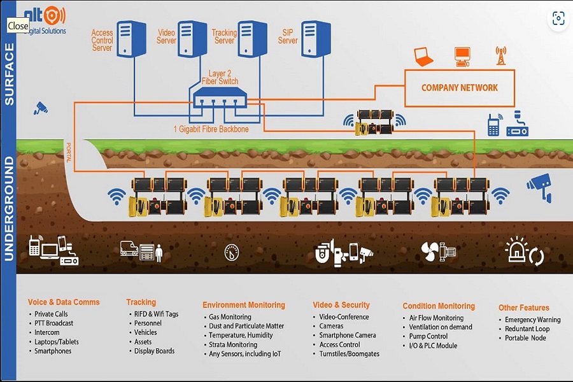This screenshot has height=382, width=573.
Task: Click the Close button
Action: click(18, 26)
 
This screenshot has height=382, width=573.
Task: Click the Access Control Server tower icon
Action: click(132, 39)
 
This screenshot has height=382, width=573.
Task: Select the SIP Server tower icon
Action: click(316, 39)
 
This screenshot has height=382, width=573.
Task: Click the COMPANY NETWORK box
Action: click(460, 88)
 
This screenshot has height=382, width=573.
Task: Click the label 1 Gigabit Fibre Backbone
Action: click(211, 129)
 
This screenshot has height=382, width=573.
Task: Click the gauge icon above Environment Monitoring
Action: click(232, 252)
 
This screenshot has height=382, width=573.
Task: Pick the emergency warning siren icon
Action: click(516, 251)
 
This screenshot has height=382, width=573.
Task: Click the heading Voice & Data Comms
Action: click(64, 302)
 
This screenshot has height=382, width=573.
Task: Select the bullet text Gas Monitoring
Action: click(230, 317)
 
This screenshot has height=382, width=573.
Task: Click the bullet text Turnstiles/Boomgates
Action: click(349, 354)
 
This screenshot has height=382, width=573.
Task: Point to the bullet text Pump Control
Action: click(428, 336)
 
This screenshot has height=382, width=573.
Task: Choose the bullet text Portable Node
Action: click(525, 338)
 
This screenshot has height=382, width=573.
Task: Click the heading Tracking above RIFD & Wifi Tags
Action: click(141, 302)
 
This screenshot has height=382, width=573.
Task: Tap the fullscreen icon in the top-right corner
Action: click(558, 18)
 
